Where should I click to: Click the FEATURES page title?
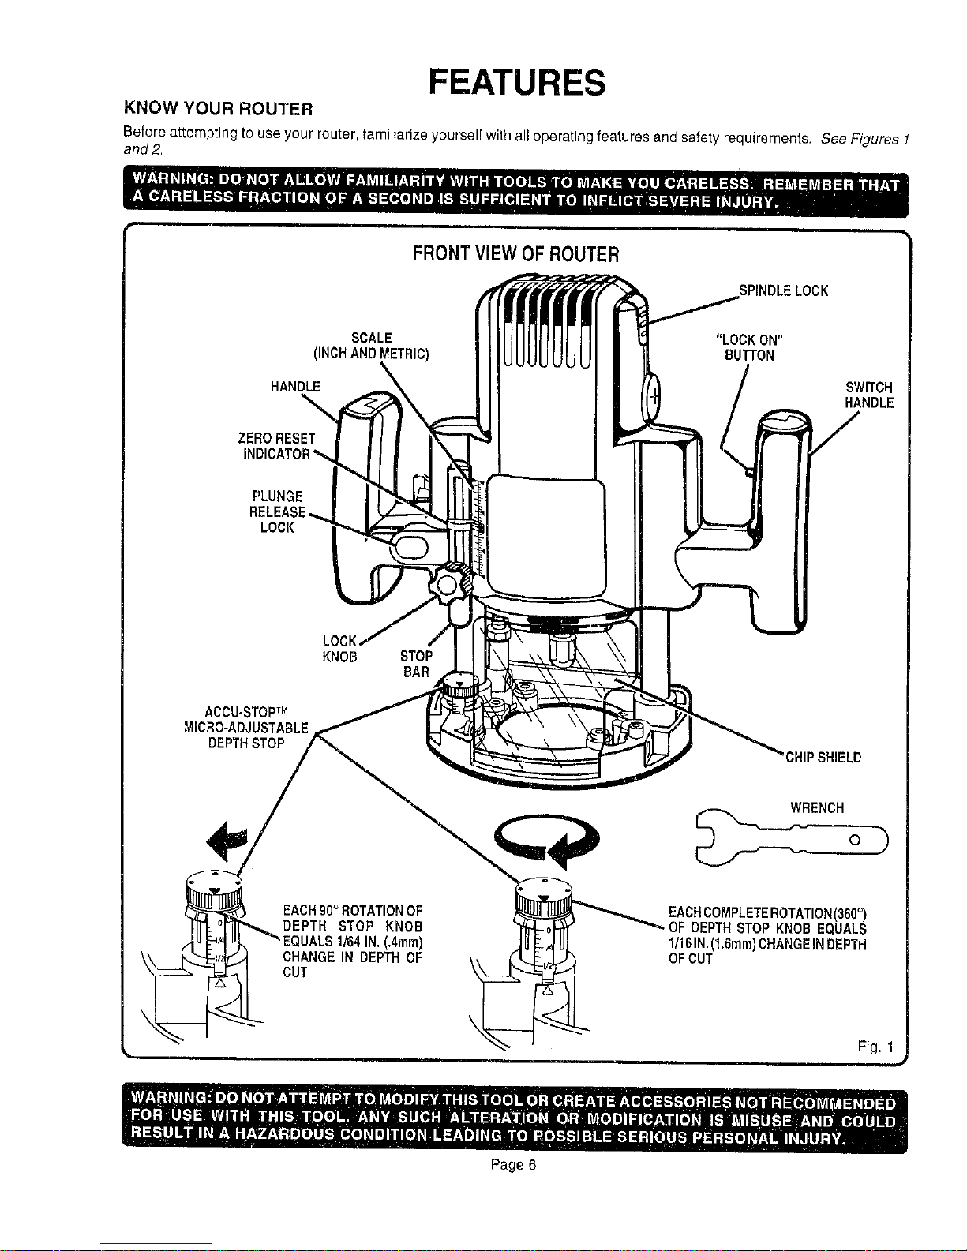516,83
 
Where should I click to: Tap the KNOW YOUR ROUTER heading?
219,108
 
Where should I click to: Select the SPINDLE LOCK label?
783,291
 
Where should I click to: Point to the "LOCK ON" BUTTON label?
748,348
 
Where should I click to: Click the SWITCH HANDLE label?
868,395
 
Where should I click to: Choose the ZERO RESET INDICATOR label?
276,447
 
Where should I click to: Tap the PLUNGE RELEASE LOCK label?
277,511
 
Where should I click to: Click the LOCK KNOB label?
341,648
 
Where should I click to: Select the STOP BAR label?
416,664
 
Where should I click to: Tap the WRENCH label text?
817,807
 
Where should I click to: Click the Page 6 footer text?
513,1165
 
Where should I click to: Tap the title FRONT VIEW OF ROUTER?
515,254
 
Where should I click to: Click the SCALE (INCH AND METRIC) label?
371,346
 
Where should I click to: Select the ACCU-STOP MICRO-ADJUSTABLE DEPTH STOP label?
245,727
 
